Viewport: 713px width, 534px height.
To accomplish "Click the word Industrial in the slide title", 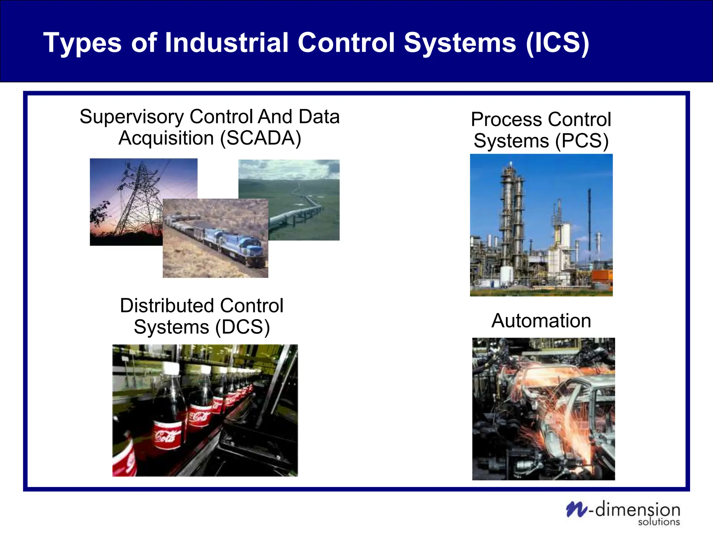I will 227,43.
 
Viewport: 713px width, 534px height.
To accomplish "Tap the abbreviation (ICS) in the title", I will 557,43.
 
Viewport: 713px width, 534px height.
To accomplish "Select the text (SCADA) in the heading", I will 260,138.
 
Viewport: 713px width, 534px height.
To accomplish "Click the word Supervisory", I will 132,116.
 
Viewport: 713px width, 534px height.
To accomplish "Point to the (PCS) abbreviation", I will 582,141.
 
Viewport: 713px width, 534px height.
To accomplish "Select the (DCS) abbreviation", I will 242,327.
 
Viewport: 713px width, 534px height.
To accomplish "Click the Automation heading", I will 541,321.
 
